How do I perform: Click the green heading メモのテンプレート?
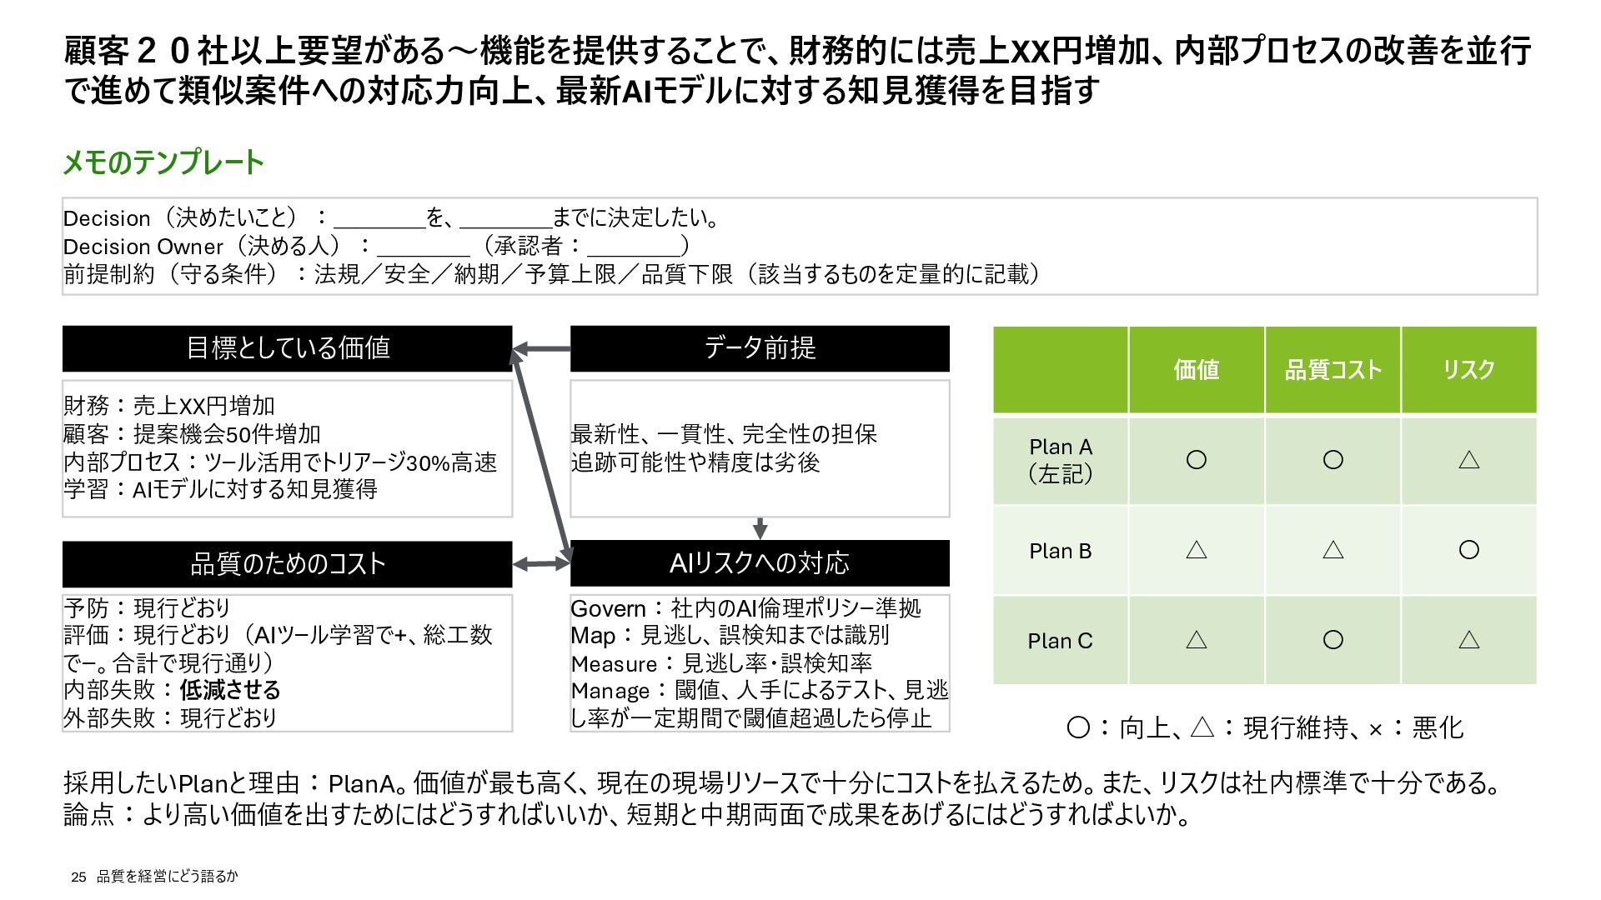(163, 162)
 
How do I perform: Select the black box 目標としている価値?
(287, 348)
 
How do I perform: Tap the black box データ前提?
(759, 348)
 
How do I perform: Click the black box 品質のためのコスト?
(287, 564)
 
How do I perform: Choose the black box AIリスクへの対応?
(759, 563)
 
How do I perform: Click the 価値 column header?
(1196, 370)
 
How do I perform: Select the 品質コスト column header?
(1332, 370)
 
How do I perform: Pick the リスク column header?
(1468, 370)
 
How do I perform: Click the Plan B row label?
(1060, 551)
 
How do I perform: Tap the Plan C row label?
(1060, 641)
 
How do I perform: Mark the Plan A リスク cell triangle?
(1468, 460)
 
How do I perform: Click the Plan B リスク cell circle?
(1468, 550)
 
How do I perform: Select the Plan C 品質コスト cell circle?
(1332, 640)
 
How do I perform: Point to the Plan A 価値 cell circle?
(1196, 460)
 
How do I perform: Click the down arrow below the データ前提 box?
(759, 528)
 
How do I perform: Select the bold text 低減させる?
(230, 690)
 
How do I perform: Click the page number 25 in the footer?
(79, 877)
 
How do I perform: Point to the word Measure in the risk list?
(614, 664)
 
